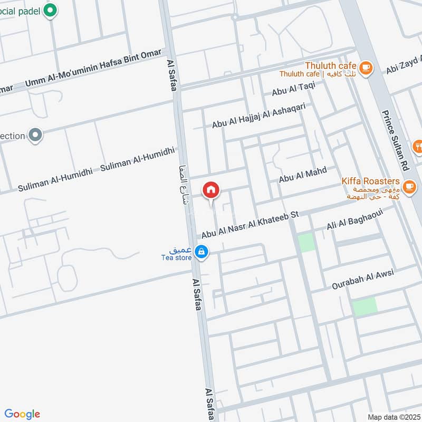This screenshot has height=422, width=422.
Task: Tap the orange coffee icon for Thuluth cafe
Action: tap(366, 67)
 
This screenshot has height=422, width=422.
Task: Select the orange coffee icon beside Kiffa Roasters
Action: tap(409, 186)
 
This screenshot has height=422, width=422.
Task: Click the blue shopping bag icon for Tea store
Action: tap(201, 252)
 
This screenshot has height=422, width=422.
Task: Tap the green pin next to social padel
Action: tap(50, 10)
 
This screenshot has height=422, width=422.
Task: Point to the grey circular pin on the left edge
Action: tap(35, 136)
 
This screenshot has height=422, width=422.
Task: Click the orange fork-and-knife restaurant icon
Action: tap(418, 146)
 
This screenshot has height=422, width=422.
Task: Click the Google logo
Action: tap(22, 414)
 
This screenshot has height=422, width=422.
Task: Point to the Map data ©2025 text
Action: tap(394, 417)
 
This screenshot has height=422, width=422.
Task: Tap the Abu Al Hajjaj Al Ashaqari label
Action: tap(258, 116)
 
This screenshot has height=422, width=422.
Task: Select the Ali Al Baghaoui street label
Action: tap(361, 218)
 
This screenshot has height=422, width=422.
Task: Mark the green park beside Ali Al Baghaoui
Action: tap(306, 243)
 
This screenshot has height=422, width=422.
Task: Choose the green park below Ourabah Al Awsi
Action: tap(365, 306)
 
